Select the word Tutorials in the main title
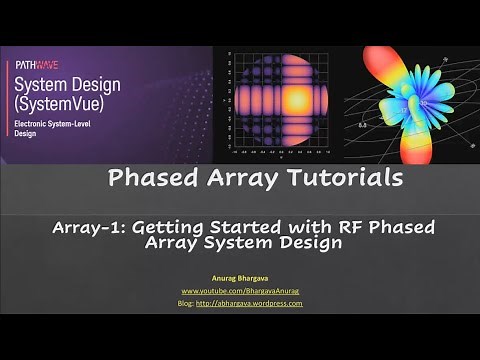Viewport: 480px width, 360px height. coord(338,179)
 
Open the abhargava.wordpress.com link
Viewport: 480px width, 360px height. coord(256,303)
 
